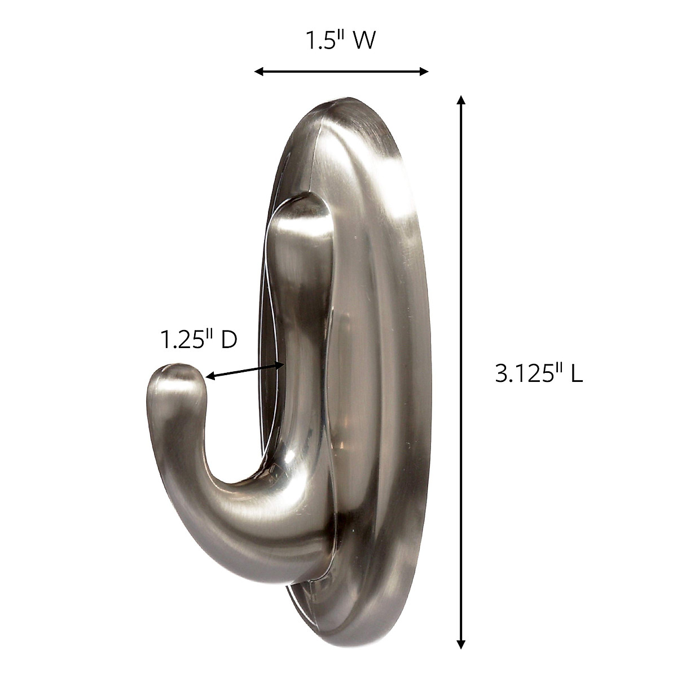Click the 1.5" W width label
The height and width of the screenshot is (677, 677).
click(340, 41)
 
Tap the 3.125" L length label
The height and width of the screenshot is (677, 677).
click(538, 373)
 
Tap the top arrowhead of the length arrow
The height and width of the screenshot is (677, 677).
click(461, 100)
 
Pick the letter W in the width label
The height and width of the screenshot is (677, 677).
click(363, 41)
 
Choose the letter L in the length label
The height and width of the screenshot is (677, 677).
click(575, 373)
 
